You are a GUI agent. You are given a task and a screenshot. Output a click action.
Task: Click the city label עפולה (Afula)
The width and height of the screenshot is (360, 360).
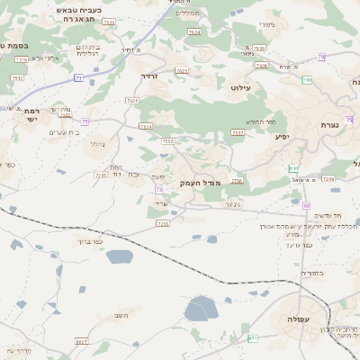(x=299, y=319)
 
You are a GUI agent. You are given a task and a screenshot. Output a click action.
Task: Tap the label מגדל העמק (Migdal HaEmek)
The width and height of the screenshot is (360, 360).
(x=200, y=183)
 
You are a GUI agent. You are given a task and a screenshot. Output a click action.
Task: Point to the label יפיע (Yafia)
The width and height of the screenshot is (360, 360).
(x=282, y=138)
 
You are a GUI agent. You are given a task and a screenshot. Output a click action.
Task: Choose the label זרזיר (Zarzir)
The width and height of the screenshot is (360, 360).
(x=149, y=76)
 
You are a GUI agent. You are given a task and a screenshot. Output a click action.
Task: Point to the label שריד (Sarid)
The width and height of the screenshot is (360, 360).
(x=175, y=207)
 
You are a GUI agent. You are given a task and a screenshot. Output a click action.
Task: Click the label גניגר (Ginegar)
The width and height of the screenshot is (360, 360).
(x=232, y=203)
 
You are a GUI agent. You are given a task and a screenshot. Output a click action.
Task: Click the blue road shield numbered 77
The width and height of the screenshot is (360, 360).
(x=78, y=78)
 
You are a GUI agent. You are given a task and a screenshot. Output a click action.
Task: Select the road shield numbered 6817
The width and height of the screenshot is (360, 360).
(x=82, y=342)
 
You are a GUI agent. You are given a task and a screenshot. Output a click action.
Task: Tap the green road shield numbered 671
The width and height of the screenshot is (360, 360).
(x=253, y=338)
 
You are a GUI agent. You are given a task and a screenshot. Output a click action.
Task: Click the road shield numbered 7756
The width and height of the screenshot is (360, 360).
(x=237, y=181)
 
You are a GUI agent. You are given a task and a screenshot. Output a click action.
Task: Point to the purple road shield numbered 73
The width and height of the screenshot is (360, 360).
(x=158, y=190)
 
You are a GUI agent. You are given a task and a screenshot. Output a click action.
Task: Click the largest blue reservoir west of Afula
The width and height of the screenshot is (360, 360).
(x=201, y=310)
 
